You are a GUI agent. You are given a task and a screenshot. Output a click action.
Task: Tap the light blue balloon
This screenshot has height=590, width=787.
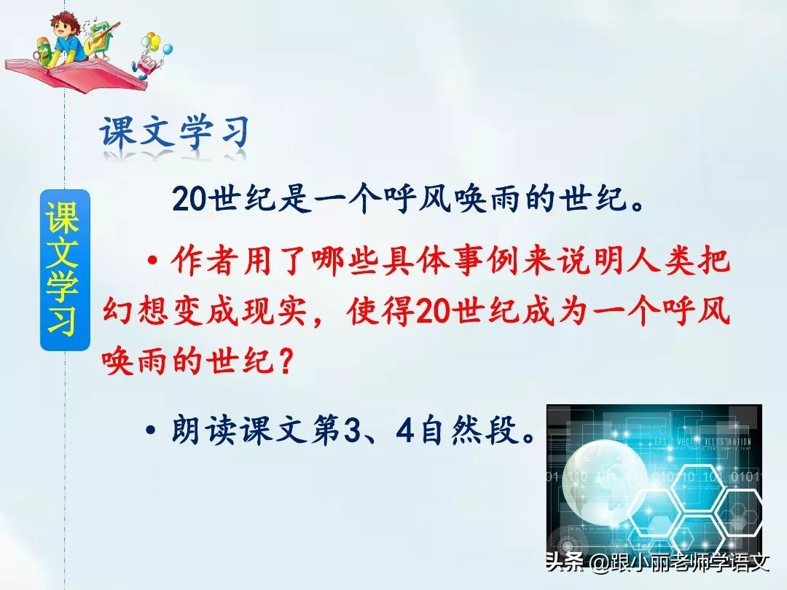167,50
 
